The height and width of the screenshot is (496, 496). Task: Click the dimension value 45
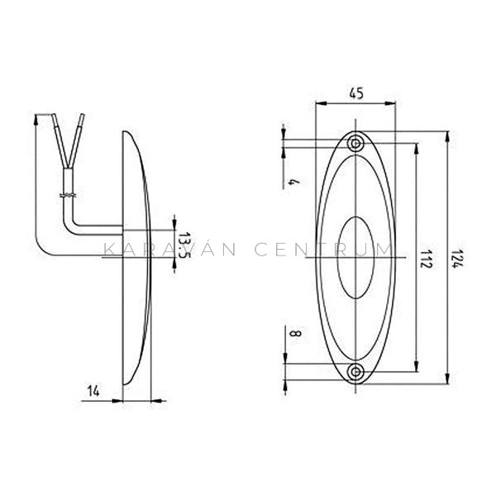coord(356,93)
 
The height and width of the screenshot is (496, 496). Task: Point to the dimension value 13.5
coord(184,246)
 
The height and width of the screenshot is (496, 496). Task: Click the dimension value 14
coord(93,392)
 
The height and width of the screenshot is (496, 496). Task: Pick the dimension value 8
coord(295,333)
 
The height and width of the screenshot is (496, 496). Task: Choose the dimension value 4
coord(294,182)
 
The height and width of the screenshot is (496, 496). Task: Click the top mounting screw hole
coord(355,144)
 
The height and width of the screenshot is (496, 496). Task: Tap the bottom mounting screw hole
coord(355,372)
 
